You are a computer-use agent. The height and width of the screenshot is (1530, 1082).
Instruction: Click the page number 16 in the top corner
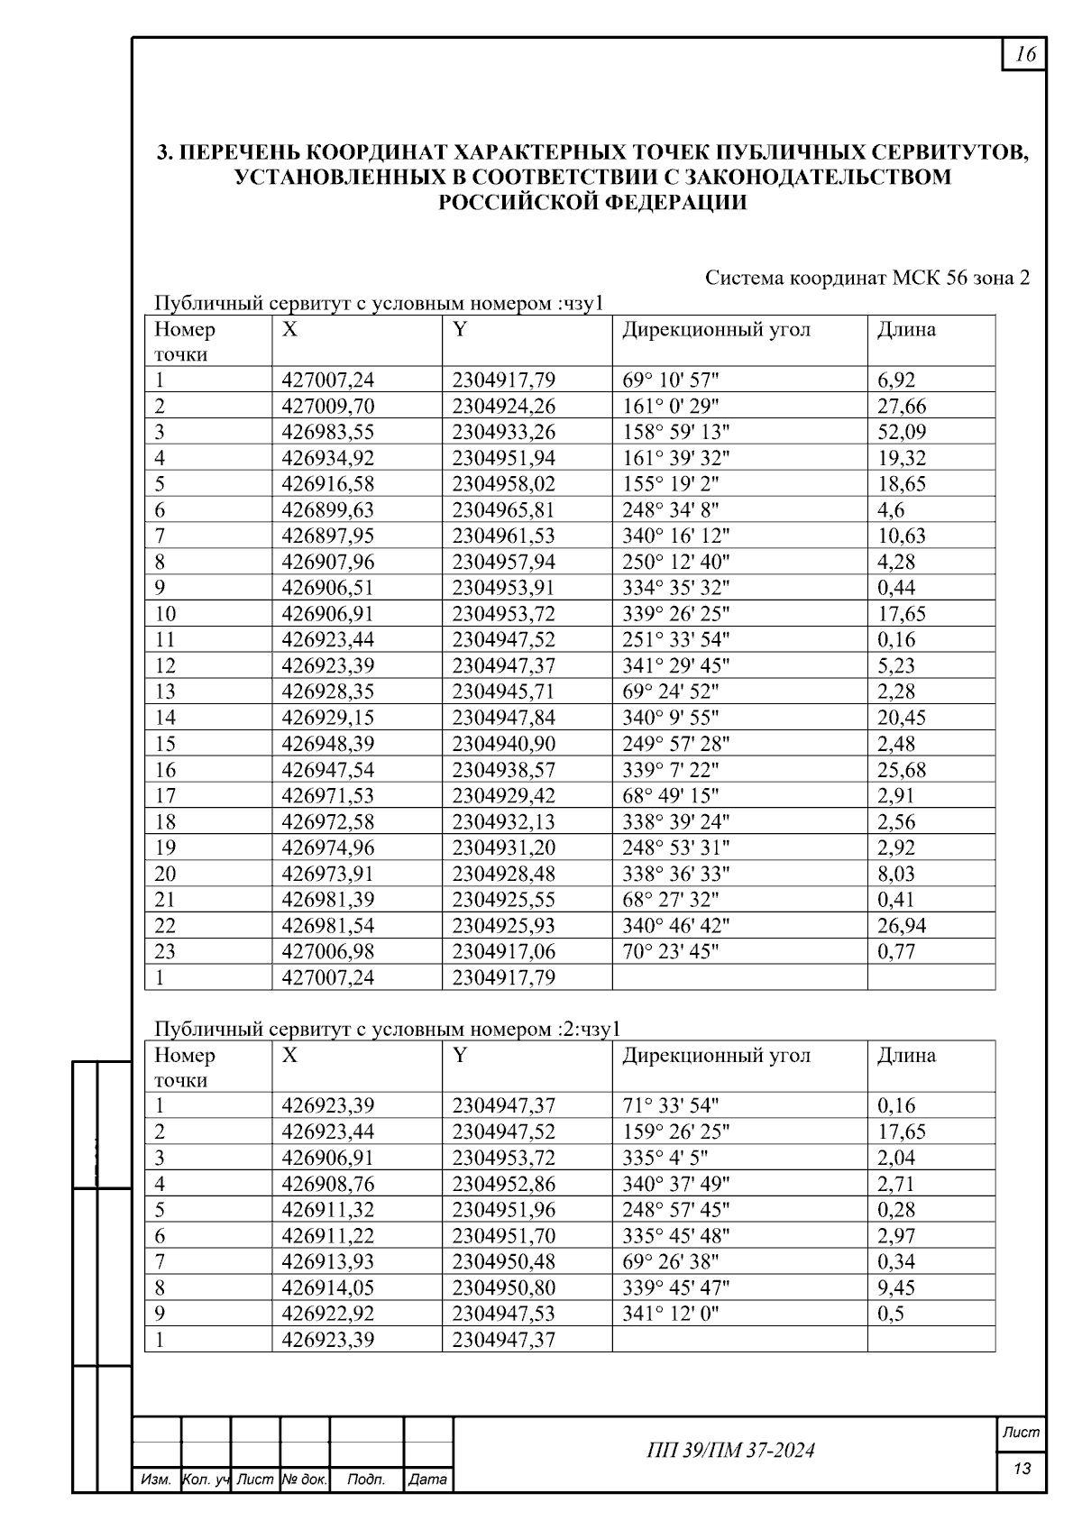point(1025,54)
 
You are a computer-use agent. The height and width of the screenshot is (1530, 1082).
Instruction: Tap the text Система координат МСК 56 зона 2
point(867,278)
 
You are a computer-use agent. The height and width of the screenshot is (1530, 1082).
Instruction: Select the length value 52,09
point(901,432)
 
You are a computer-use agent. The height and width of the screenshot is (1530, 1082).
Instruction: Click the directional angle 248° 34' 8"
point(670,510)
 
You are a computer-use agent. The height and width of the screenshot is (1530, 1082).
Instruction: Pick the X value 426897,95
point(327,536)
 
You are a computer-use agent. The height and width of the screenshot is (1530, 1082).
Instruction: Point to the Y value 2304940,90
point(503,744)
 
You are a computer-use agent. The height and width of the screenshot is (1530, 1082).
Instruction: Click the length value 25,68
point(901,770)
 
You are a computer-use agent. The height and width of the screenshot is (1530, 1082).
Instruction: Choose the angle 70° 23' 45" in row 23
point(670,952)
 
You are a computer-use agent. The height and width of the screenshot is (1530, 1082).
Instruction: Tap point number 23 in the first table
point(165,952)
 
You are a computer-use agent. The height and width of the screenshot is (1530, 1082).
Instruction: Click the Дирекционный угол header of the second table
point(716,1055)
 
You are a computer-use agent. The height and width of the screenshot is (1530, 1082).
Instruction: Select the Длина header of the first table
point(906,329)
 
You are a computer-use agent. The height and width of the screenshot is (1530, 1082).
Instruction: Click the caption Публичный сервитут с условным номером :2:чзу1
point(387,1029)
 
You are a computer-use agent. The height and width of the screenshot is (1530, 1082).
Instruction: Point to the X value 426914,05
point(327,1287)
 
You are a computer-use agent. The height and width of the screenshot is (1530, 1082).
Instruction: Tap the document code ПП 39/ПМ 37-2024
point(730,1450)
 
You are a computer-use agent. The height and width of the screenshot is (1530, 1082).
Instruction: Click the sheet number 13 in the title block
point(1022,1469)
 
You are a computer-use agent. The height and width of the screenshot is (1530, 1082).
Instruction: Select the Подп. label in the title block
point(365,1480)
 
